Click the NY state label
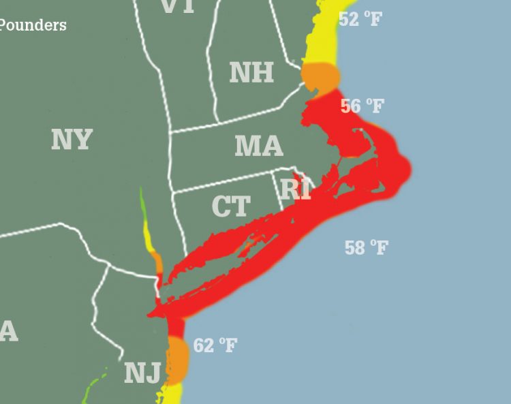tap(72, 140)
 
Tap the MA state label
tap(258, 146)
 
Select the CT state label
tap(231, 206)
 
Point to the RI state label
tap(296, 189)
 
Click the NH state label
tap(251, 72)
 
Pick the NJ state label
tap(142, 373)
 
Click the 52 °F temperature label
tap(360, 18)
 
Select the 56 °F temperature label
tap(362, 106)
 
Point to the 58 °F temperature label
tap(366, 247)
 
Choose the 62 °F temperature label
tap(215, 345)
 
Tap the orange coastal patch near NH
tap(320, 76)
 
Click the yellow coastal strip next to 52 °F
tap(320, 34)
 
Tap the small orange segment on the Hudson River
tap(157, 262)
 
